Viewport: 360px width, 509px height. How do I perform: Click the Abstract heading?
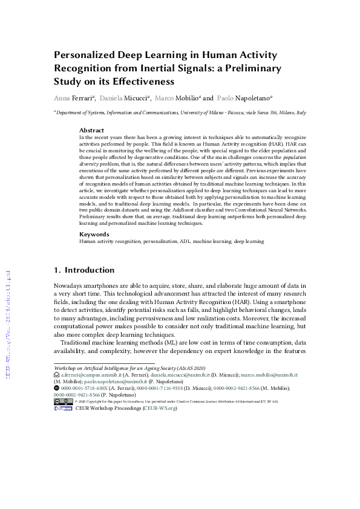pyautogui.click(x=91, y=131)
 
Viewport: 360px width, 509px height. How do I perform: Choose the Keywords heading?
pyautogui.click(x=94, y=234)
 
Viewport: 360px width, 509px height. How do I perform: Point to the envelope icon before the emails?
pyautogui.click(x=57, y=375)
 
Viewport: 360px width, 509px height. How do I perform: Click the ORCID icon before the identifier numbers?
pyautogui.click(x=57, y=388)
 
